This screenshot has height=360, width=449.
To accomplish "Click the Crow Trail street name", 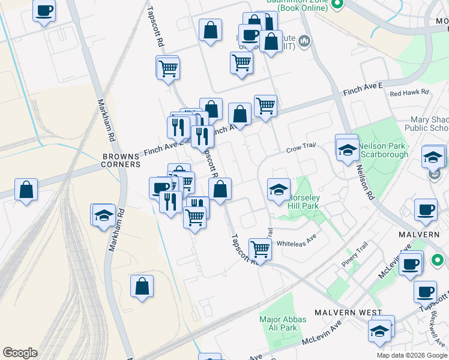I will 301,149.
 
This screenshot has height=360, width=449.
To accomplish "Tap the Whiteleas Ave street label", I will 296,243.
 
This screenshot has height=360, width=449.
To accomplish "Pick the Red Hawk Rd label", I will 409,93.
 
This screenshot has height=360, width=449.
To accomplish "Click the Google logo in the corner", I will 19,353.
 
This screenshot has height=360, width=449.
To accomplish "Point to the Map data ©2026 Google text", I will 412,355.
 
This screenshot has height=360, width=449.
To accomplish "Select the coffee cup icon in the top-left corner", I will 44,11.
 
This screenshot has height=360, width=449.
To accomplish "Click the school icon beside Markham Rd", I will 104,214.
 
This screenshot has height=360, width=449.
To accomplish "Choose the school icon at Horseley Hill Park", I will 279,190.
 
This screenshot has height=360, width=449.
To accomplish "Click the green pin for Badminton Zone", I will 337,4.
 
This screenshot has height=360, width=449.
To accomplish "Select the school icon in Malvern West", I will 379,331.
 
